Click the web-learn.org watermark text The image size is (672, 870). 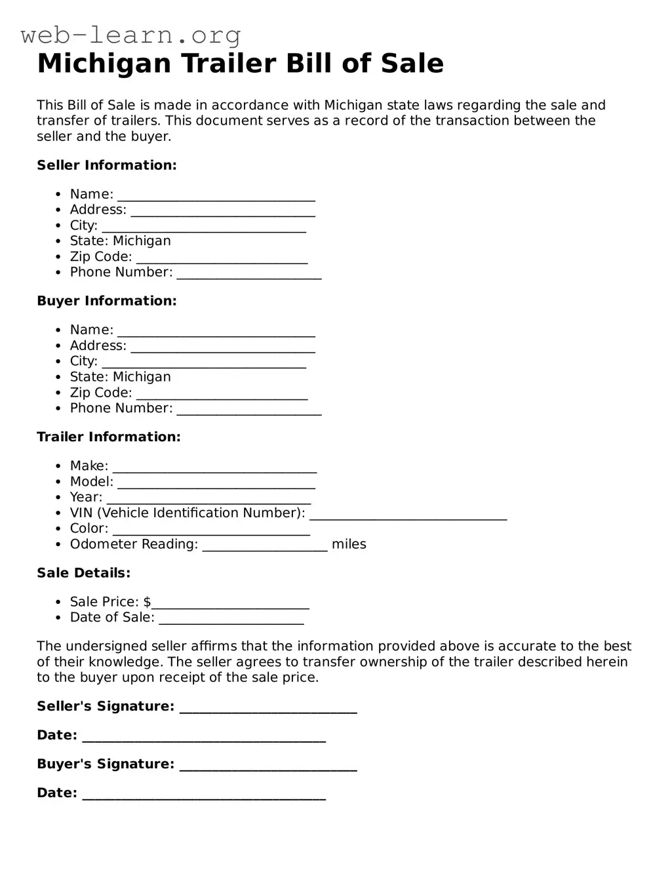130,34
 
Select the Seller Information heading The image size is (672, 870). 107,165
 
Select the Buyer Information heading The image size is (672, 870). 107,301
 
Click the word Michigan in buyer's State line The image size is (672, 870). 142,377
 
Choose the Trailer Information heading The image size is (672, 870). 109,437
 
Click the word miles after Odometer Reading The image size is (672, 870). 349,544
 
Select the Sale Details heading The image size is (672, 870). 84,573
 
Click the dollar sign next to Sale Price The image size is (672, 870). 148,602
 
